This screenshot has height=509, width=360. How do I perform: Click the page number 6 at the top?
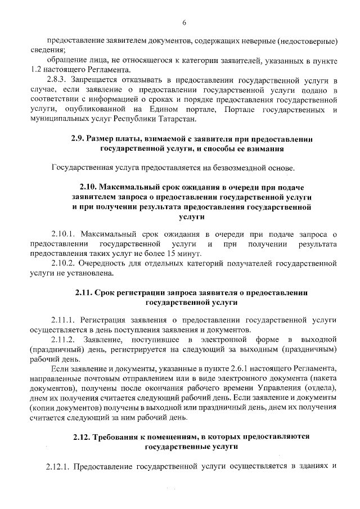(x=184, y=23)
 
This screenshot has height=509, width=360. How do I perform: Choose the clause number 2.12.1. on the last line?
(x=57, y=467)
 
